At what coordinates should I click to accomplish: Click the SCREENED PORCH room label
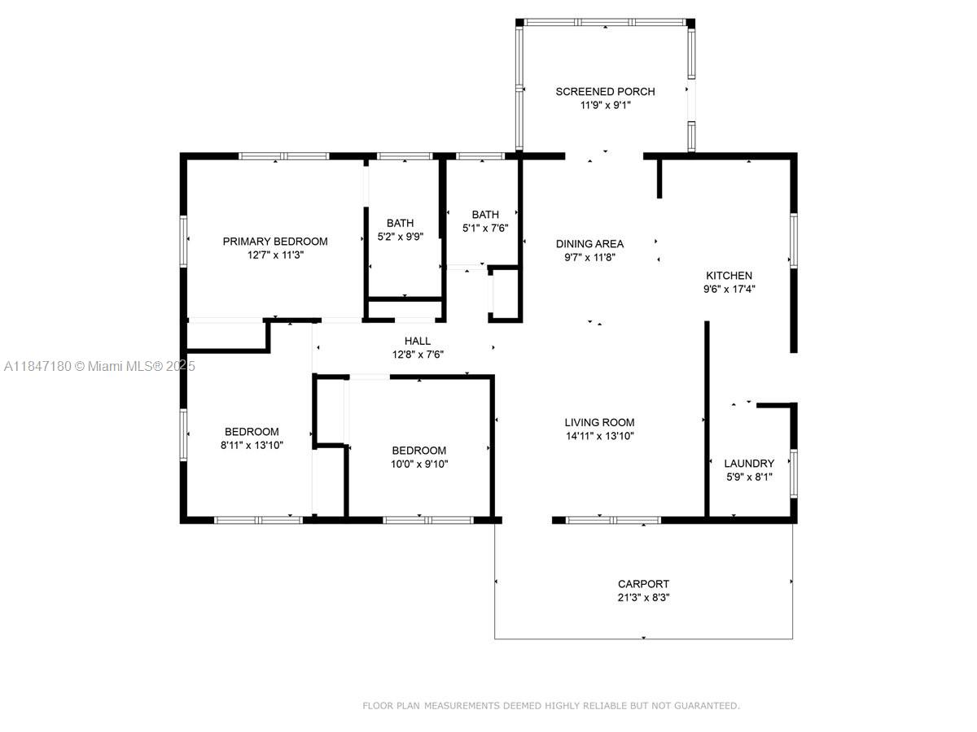pyautogui.click(x=605, y=92)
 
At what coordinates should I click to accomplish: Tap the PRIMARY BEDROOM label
pyautogui.click(x=275, y=242)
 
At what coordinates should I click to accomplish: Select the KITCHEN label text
pyautogui.click(x=729, y=276)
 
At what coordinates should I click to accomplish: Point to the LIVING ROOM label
pyautogui.click(x=599, y=422)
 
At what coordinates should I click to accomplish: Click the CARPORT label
pyautogui.click(x=643, y=583)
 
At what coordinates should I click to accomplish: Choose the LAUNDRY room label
pyautogui.click(x=749, y=464)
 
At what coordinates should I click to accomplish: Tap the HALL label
pyautogui.click(x=417, y=341)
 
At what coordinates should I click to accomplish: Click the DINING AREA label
pyautogui.click(x=589, y=243)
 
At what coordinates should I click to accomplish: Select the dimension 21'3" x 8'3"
pyautogui.click(x=643, y=597)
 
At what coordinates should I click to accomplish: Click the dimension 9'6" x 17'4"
pyautogui.click(x=729, y=289)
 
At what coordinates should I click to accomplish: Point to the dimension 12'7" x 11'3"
pyautogui.click(x=275, y=255)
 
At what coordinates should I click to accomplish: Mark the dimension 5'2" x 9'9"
pyautogui.click(x=400, y=237)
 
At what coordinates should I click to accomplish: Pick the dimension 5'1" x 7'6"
pyautogui.click(x=485, y=228)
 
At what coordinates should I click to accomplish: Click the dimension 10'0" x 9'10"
pyautogui.click(x=418, y=464)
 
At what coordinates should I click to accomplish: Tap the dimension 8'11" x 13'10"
pyautogui.click(x=252, y=445)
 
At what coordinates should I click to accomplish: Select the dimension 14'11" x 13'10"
pyautogui.click(x=599, y=436)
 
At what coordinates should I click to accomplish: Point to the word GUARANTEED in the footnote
pyautogui.click(x=707, y=705)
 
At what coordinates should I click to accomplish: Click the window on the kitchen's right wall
pyautogui.click(x=793, y=241)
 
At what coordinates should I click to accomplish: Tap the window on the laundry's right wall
pyautogui.click(x=793, y=473)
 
